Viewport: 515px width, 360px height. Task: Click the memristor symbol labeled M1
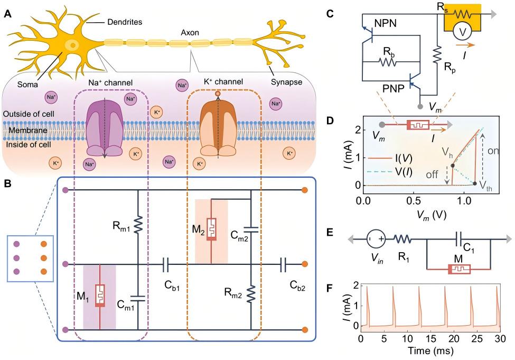(x=99, y=296)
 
